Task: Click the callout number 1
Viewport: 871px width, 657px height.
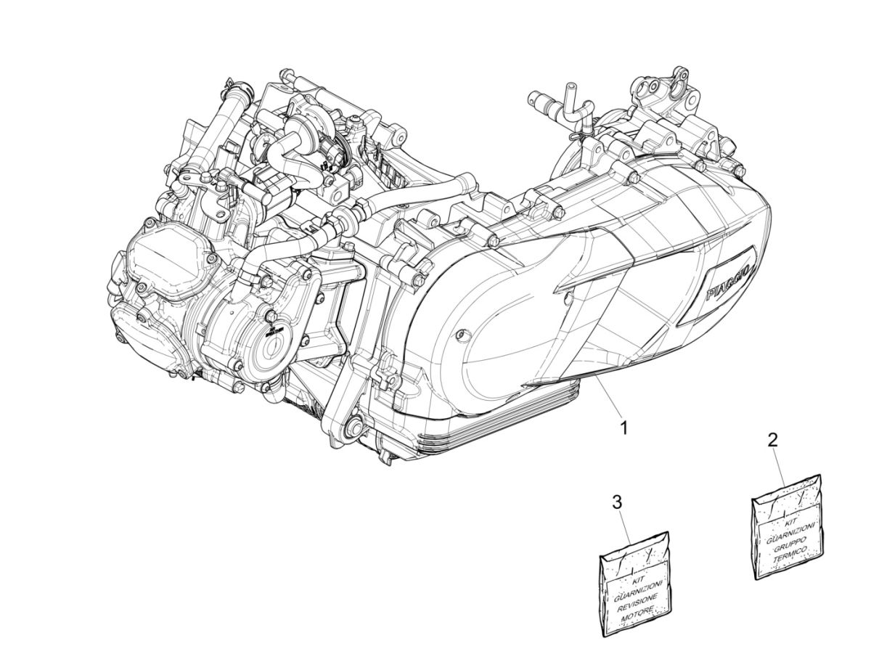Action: tap(623, 428)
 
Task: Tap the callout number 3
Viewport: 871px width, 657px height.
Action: tap(617, 502)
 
